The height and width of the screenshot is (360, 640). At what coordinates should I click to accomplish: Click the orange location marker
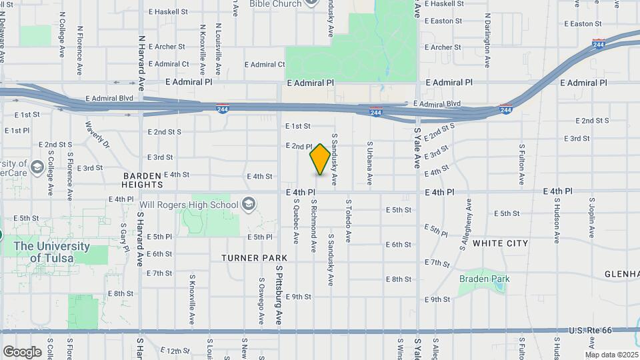[320, 159]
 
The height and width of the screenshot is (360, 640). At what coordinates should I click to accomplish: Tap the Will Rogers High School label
[191, 204]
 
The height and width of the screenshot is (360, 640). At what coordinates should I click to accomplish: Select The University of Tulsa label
[51, 252]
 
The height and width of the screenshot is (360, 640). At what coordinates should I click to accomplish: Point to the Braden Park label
[483, 279]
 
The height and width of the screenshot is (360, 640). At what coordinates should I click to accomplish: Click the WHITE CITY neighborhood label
[500, 243]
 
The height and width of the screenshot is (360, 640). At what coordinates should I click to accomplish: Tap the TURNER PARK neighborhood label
[255, 257]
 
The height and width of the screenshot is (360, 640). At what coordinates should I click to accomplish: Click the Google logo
[22, 351]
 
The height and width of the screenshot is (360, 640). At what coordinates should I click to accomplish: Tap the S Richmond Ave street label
[313, 225]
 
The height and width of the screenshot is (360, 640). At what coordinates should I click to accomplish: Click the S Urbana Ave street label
[369, 163]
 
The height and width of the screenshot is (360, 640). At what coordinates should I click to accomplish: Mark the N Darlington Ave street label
[487, 43]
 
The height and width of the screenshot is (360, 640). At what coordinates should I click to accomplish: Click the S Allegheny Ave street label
[465, 229]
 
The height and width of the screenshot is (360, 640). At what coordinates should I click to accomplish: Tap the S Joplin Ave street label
[591, 217]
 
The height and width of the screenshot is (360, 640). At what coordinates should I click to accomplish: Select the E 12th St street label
[175, 350]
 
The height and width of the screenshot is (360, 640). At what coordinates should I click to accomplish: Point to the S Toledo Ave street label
[347, 219]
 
